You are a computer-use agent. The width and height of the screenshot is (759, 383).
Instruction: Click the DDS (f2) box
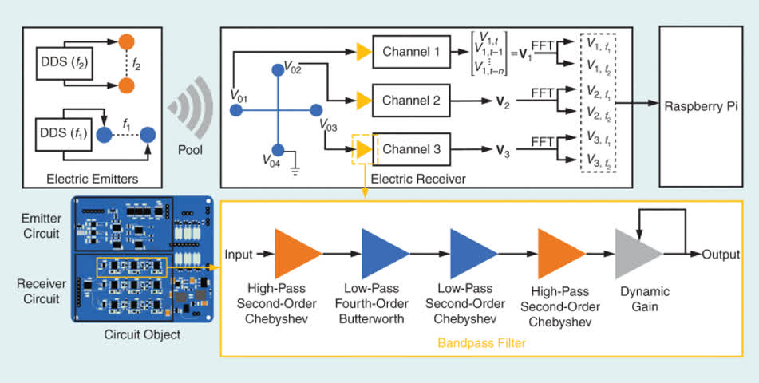(x=63, y=63)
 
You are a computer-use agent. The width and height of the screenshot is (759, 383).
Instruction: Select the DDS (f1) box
(x=63, y=133)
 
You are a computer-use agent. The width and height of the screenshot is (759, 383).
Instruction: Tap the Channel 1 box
(x=412, y=52)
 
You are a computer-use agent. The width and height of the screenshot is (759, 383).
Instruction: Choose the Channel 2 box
(x=412, y=101)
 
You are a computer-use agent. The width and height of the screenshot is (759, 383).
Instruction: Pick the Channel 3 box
(x=412, y=149)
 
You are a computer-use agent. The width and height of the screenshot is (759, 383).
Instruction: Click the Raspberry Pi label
(x=701, y=107)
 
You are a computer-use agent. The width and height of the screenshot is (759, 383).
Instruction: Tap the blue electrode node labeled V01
(x=236, y=110)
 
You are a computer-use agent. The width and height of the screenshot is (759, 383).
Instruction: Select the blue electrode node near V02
(x=278, y=70)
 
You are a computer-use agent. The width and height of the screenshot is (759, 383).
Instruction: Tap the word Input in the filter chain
(x=239, y=255)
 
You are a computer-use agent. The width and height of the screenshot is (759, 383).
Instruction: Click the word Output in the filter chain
(x=721, y=255)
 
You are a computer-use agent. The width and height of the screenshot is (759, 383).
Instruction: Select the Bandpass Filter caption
(x=481, y=343)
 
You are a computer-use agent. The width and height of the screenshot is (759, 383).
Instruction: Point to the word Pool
(x=190, y=150)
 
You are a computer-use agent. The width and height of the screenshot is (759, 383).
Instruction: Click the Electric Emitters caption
(x=93, y=179)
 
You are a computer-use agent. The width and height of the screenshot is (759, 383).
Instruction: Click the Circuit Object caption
(x=142, y=334)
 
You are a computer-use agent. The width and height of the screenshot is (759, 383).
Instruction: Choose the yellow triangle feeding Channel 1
(x=363, y=52)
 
